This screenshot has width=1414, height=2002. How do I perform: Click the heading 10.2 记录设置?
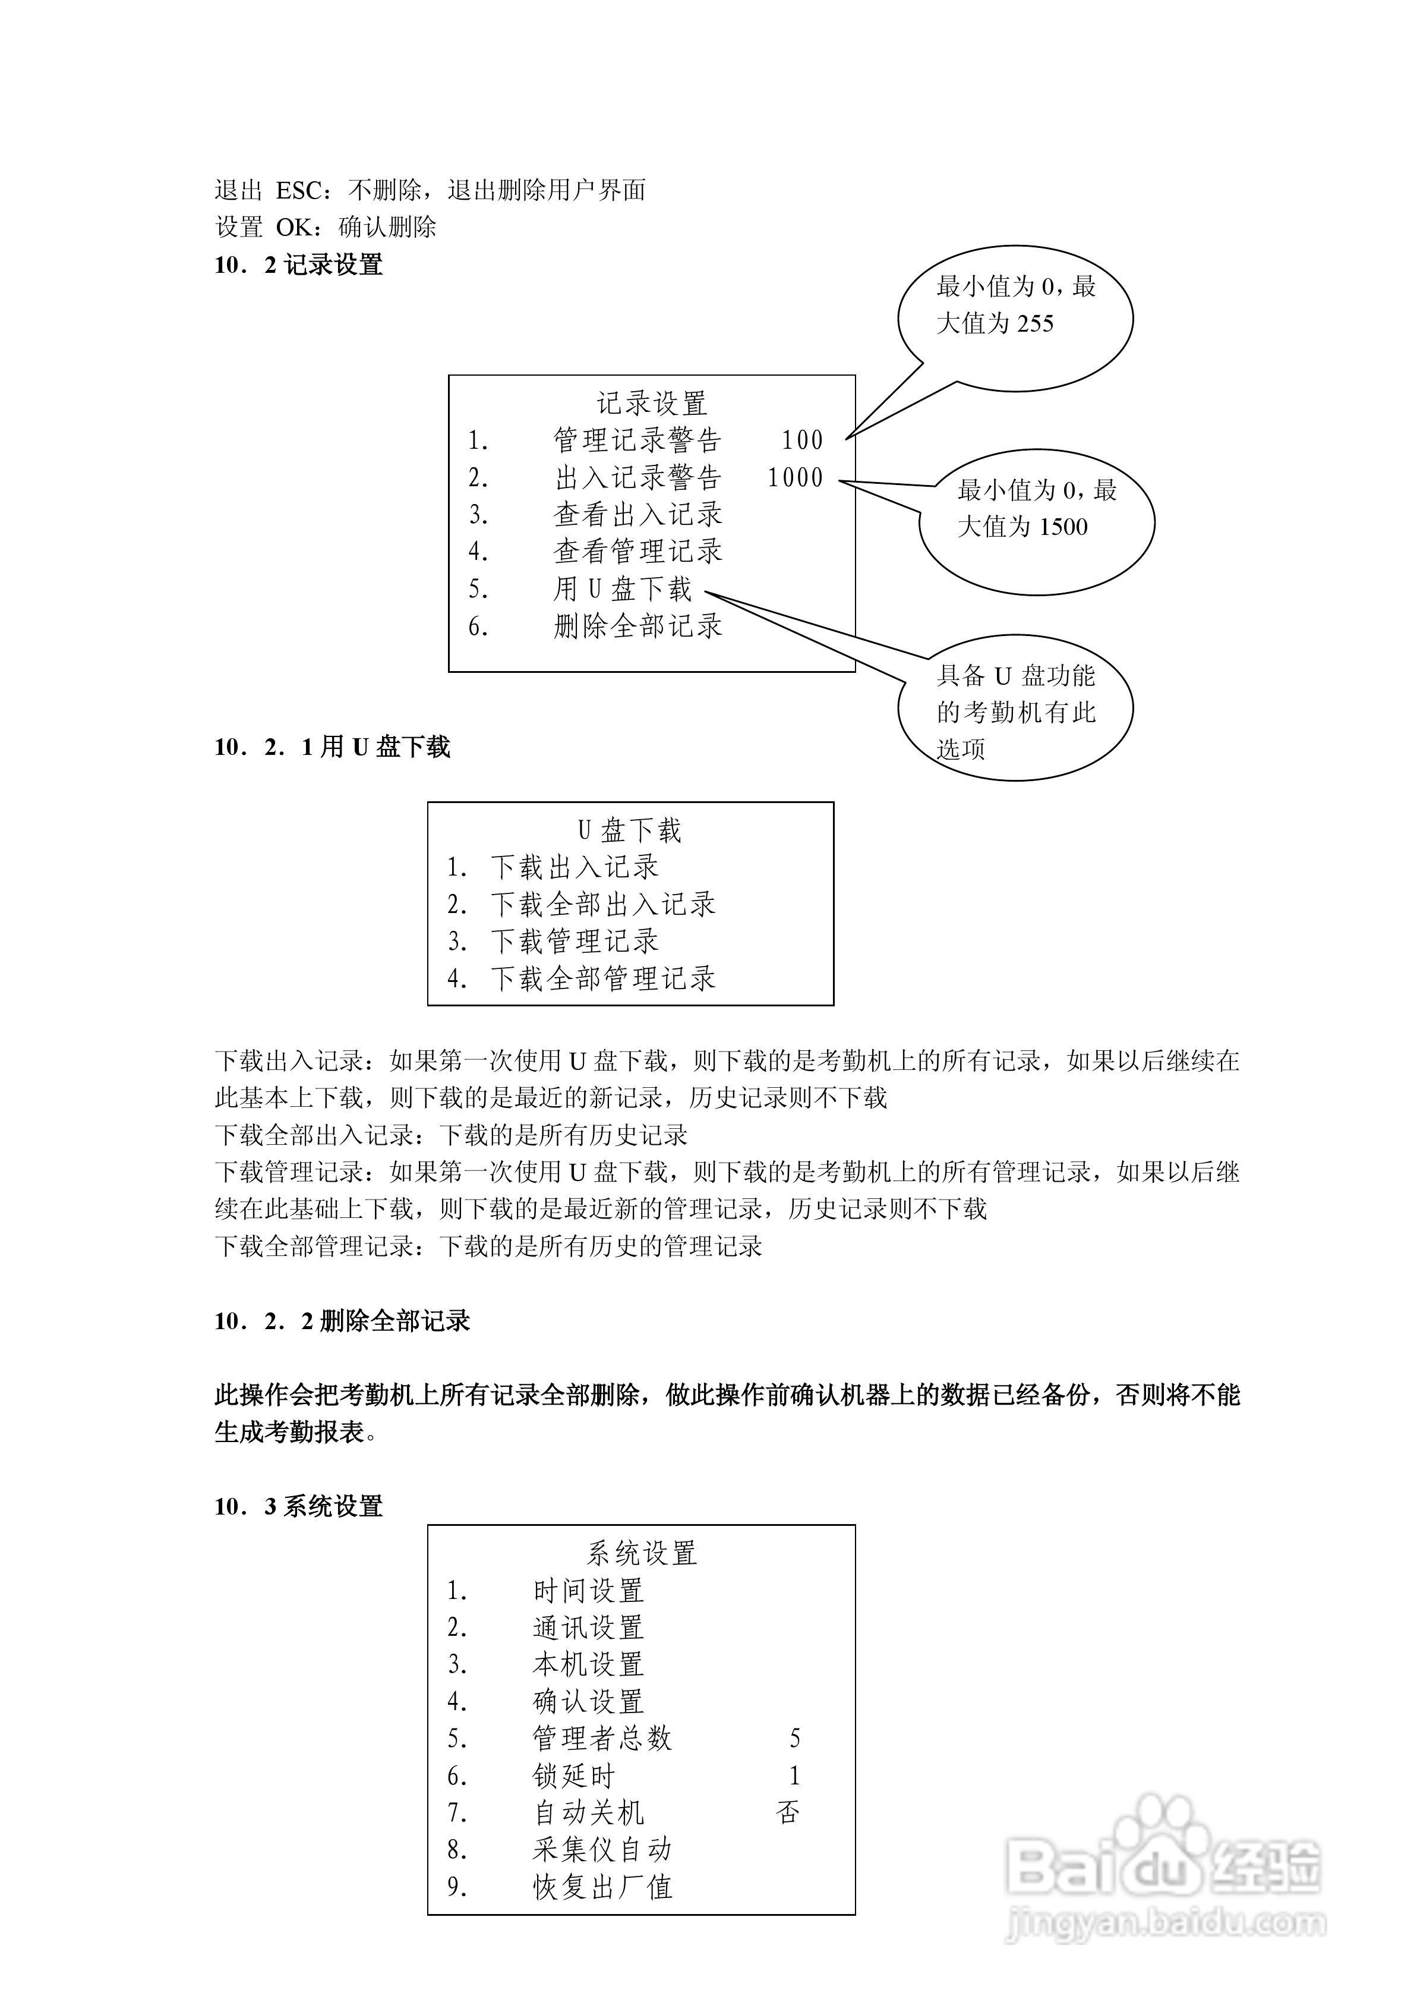[x=298, y=265]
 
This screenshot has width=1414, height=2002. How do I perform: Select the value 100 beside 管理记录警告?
[x=802, y=440]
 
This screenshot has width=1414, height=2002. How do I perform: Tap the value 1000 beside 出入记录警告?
[x=795, y=478]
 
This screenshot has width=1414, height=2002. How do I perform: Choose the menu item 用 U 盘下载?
[x=623, y=590]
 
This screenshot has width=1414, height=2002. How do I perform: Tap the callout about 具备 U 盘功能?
[x=1015, y=712]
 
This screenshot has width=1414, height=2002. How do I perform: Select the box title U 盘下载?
[x=629, y=830]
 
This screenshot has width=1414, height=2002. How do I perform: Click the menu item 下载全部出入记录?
[x=602, y=904]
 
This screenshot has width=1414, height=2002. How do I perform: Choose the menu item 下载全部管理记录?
[x=602, y=978]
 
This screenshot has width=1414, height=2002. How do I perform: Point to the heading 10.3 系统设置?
[x=298, y=1506]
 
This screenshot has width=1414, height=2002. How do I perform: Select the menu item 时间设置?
[x=588, y=1591]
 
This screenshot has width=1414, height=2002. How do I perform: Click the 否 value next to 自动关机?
[x=788, y=1813]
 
